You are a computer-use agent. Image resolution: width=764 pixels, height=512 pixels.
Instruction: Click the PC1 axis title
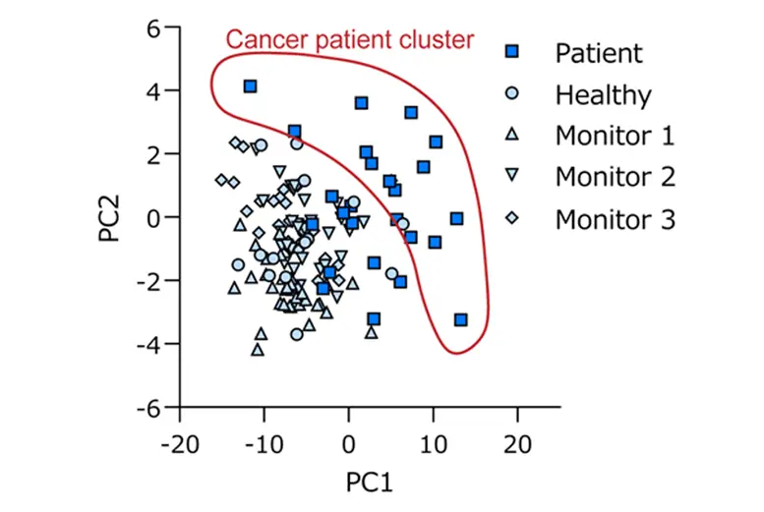tap(370, 483)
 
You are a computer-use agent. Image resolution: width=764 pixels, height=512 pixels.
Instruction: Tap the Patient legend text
tap(598, 52)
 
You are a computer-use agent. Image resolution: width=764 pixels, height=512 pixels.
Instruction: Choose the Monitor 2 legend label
tap(615, 177)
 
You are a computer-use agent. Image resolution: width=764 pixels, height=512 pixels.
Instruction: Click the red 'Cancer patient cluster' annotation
tap(350, 39)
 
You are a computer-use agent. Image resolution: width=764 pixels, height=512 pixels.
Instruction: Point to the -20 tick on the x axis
tap(180, 438)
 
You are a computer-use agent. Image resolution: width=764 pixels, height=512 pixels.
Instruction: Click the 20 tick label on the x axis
tap(517, 438)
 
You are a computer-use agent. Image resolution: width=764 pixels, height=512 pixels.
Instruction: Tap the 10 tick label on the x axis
tap(434, 438)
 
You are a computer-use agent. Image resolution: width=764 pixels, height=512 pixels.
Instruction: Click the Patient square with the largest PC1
tap(460, 319)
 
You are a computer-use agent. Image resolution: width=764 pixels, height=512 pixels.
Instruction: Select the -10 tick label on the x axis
tap(263, 438)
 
